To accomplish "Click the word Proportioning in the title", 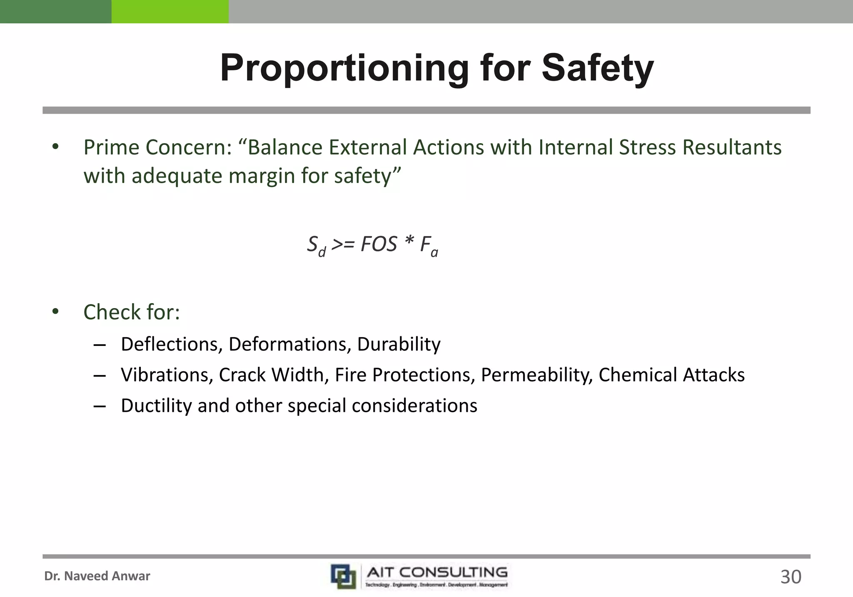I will [x=344, y=69].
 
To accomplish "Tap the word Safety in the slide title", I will [x=597, y=69].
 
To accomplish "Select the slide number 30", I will [x=791, y=577].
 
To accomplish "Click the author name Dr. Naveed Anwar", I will [x=97, y=576].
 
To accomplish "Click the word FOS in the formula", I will [x=379, y=244].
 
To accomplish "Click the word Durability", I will [x=399, y=344].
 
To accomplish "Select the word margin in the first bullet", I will [x=262, y=176].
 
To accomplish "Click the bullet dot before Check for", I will [x=56, y=312].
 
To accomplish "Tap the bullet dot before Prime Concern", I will [x=56, y=147].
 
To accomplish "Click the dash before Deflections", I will [x=100, y=345].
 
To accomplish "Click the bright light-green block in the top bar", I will [x=170, y=11].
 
